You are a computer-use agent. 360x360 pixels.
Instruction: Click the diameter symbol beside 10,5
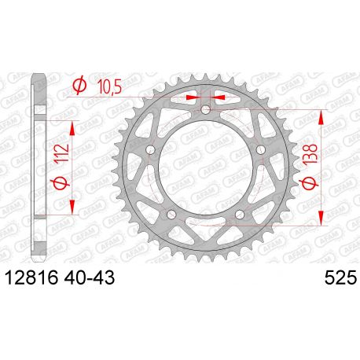(80, 86)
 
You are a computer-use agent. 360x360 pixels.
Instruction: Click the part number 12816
(29, 278)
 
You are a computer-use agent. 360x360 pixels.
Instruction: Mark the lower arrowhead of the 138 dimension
(321, 219)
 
